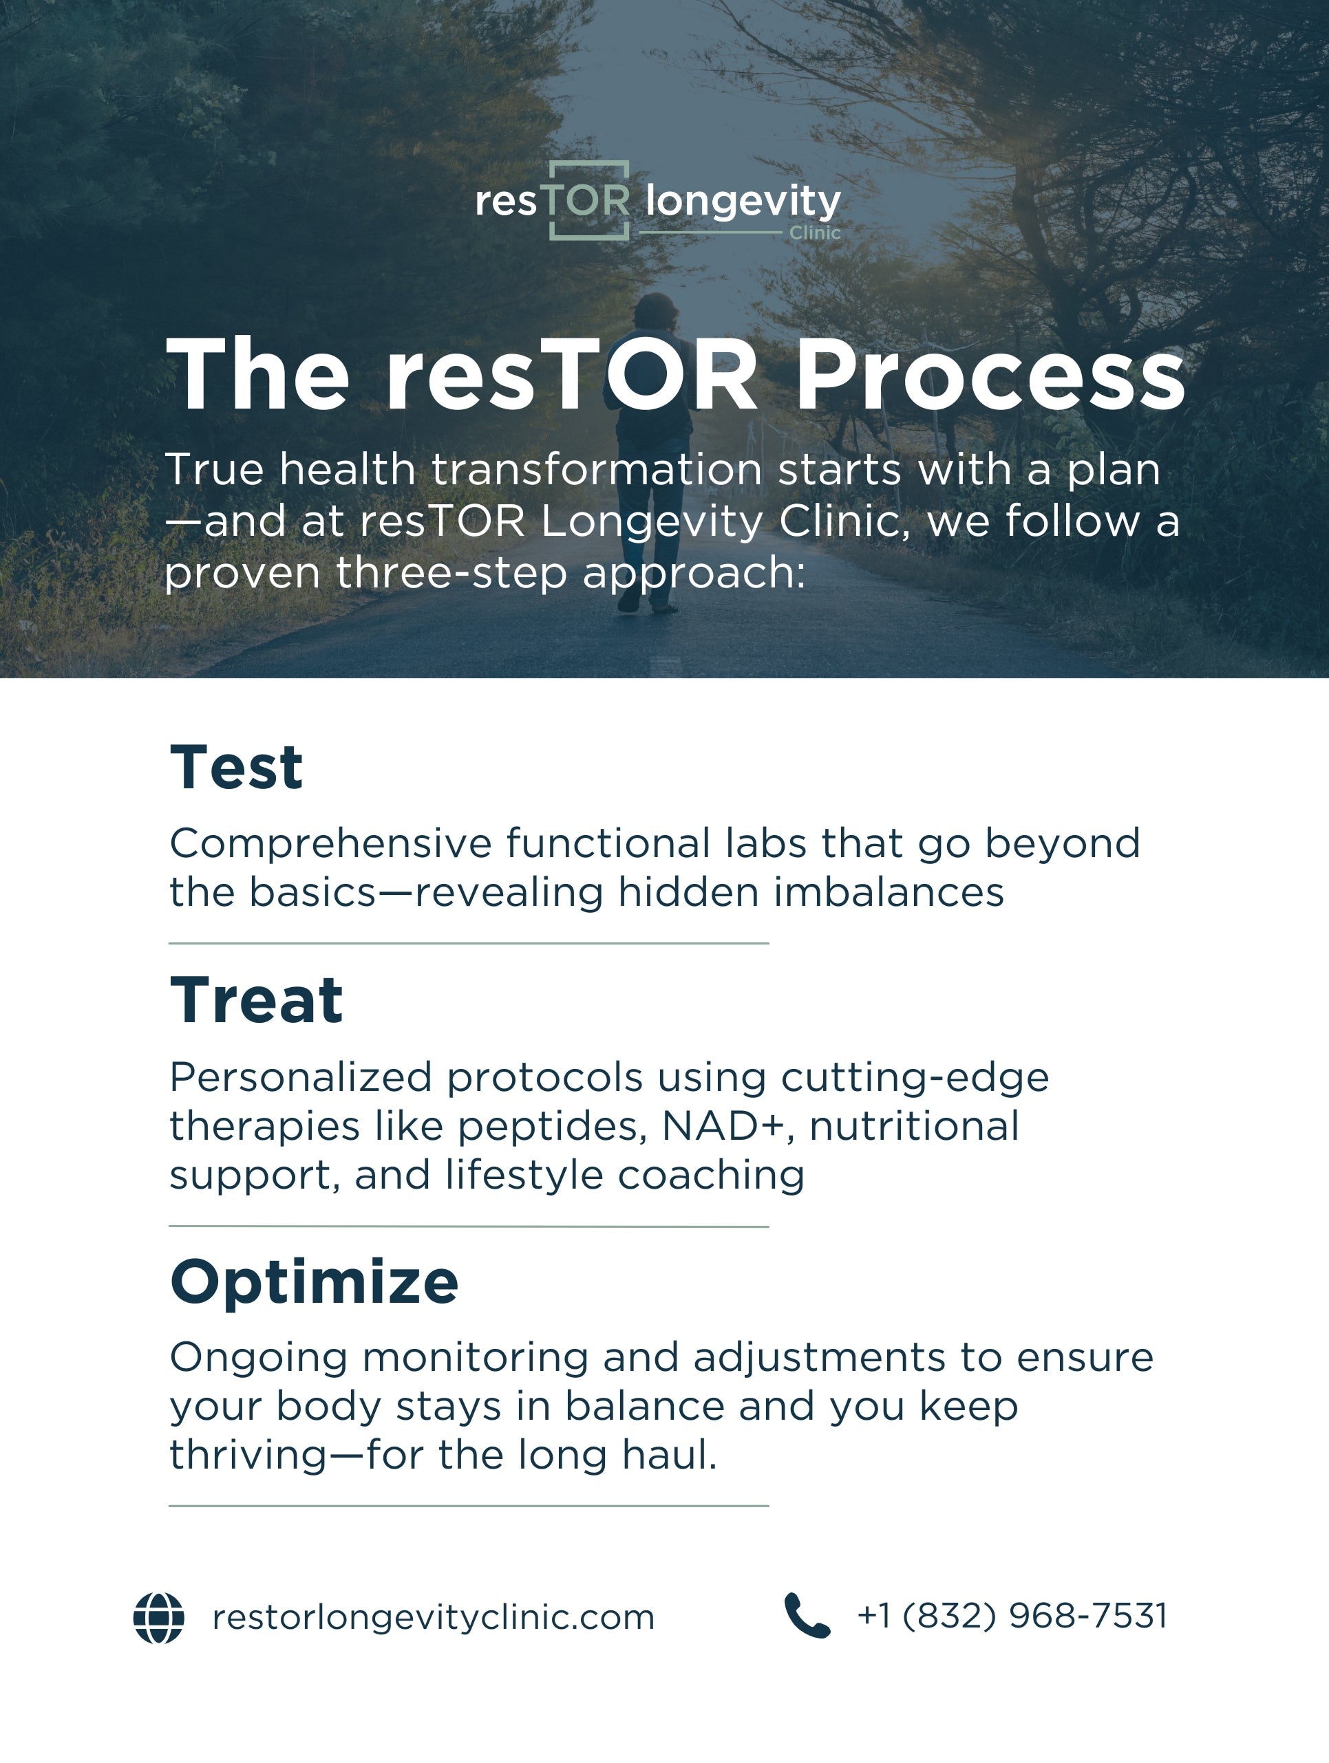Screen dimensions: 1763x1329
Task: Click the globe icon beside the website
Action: pyautogui.click(x=159, y=1617)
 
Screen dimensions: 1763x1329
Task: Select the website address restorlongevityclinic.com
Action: pyautogui.click(x=433, y=1617)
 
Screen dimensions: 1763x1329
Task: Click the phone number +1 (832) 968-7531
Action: pyautogui.click(x=1012, y=1616)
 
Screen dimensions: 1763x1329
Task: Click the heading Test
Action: pyautogui.click(x=236, y=768)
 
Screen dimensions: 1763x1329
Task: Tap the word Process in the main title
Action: pyautogui.click(x=990, y=374)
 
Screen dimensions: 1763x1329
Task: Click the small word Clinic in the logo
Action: pyautogui.click(x=815, y=232)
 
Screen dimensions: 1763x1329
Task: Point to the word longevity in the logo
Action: pyautogui.click(x=743, y=201)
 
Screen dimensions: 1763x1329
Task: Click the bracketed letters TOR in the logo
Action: pyautogui.click(x=589, y=200)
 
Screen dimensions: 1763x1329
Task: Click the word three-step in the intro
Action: pyautogui.click(x=451, y=573)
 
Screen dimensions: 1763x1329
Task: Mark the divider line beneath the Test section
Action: pyautogui.click(x=468, y=943)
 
